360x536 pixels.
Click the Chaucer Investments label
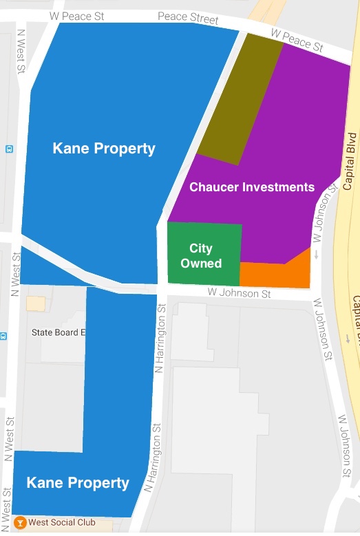pyautogui.click(x=251, y=187)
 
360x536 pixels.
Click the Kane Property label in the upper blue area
pyautogui.click(x=104, y=149)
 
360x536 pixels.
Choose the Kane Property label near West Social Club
pyautogui.click(x=78, y=483)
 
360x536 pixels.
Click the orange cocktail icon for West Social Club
pyautogui.click(x=20, y=522)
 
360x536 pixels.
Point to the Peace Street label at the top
pyautogui.click(x=188, y=18)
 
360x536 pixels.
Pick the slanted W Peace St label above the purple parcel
pyautogui.click(x=297, y=41)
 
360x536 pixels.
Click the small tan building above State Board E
pyautogui.click(x=35, y=303)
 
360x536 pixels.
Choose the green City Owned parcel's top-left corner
pyautogui.click(x=169, y=224)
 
